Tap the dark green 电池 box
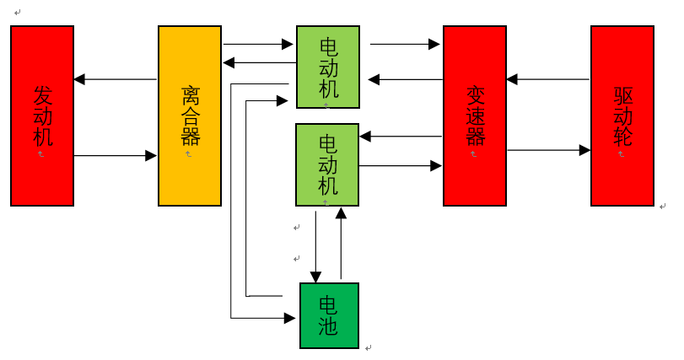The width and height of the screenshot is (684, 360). (x=329, y=315)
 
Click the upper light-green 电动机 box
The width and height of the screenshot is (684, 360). (x=328, y=67)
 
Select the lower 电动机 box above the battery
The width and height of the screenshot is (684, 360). (x=327, y=164)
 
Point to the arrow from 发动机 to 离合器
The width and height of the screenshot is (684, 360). (x=116, y=155)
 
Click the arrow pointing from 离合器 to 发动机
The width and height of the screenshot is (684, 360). (x=116, y=80)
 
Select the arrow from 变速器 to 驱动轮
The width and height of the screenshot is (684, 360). (x=548, y=150)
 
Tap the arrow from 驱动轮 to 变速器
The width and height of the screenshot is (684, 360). (x=548, y=80)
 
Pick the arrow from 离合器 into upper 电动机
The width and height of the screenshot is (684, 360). (x=258, y=44)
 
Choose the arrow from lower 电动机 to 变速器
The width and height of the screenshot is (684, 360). (x=401, y=166)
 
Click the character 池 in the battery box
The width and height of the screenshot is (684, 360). (x=329, y=325)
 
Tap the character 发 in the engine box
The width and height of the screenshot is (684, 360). (x=42, y=94)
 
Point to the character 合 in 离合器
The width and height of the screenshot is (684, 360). (x=190, y=115)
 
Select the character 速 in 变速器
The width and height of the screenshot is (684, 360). (x=475, y=115)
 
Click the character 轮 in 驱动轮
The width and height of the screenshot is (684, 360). (x=622, y=136)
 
